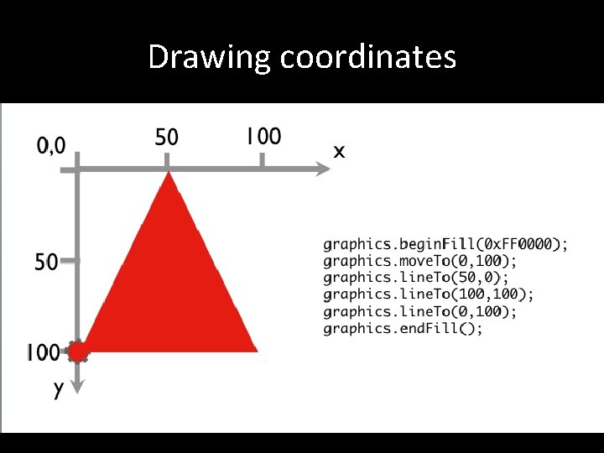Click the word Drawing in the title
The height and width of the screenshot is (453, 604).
tap(210, 57)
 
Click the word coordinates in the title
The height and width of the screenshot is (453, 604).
tap(368, 57)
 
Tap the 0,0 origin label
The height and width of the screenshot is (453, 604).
tap(50, 146)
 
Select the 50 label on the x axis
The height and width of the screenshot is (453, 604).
tap(167, 137)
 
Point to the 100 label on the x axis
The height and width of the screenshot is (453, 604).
tap(263, 136)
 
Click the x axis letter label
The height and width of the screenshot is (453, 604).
tap(339, 152)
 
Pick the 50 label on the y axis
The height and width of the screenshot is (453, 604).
tap(46, 262)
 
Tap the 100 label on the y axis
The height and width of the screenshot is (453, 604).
tap(43, 352)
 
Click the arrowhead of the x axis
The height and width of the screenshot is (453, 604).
tap(324, 169)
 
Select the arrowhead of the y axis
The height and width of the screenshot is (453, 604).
tap(77, 386)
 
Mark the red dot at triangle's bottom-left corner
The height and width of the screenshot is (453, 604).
tap(78, 351)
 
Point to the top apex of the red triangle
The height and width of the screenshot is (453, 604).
tap(169, 174)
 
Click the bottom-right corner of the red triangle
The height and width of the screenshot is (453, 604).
tap(255, 349)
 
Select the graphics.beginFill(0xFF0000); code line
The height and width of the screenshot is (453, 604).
tap(445, 244)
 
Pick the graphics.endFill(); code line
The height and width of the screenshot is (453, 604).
tap(403, 328)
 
